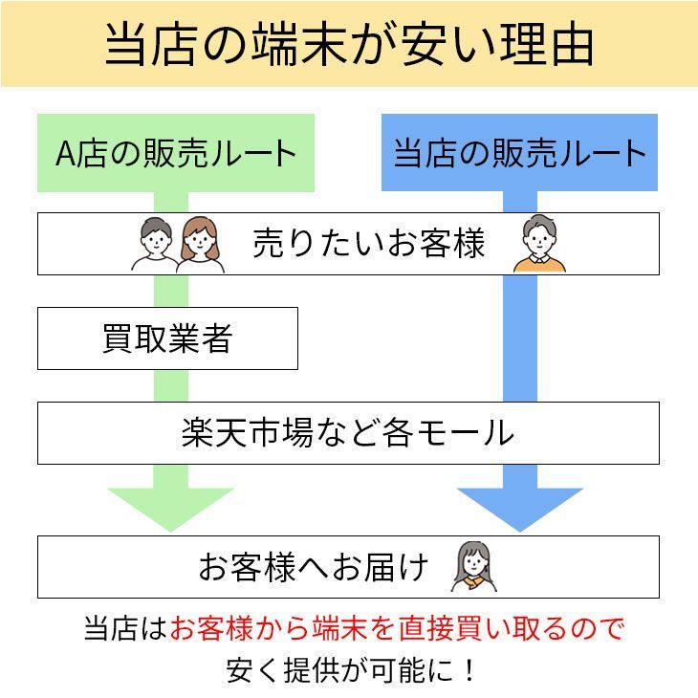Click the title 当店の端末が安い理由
point(349,45)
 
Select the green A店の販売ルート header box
point(176,153)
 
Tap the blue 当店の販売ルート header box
point(519,152)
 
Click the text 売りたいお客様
point(368,243)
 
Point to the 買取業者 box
point(168,338)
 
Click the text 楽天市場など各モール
point(348,433)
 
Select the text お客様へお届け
point(314,567)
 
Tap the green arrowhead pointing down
point(170,510)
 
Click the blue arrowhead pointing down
point(520,510)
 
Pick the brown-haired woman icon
point(201,245)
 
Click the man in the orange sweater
point(539,243)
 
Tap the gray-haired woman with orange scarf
point(473,567)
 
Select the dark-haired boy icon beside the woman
point(155,245)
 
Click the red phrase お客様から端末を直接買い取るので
point(397,628)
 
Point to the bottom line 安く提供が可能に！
point(351,670)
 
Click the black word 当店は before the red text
point(125,628)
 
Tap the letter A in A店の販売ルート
point(65,154)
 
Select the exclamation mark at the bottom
point(469,670)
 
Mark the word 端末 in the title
point(299,45)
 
